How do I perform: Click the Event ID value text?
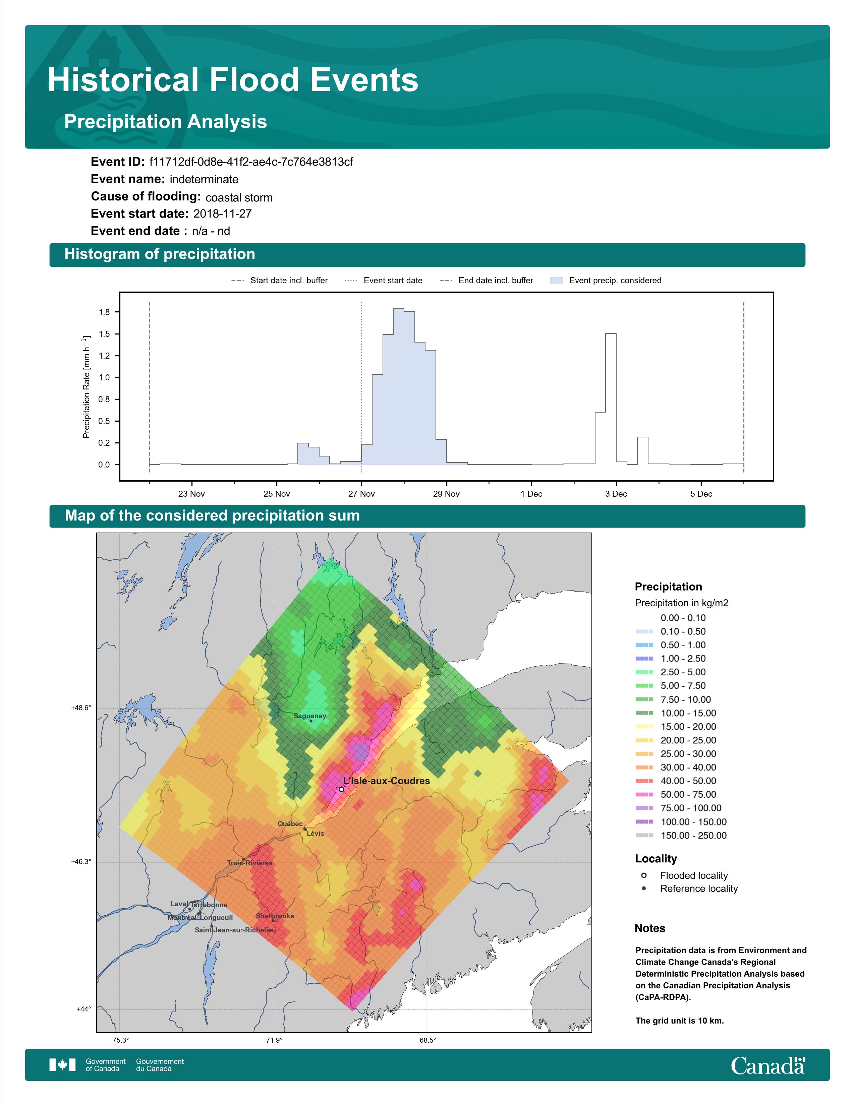[x=251, y=162]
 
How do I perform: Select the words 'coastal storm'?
[x=239, y=197]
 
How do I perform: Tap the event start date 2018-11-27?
[x=222, y=214]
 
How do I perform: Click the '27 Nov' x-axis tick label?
[x=361, y=494]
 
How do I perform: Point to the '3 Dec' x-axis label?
[x=616, y=494]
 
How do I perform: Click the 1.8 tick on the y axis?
[x=104, y=312]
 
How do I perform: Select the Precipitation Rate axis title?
[x=86, y=386]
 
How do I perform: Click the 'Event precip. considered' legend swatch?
[x=556, y=280]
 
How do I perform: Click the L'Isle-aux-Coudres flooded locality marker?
[x=341, y=789]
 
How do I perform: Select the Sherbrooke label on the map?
[x=275, y=916]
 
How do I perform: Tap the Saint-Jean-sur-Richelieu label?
[x=235, y=930]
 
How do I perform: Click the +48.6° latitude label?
[x=81, y=708]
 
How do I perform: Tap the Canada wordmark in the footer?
[x=768, y=1065]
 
